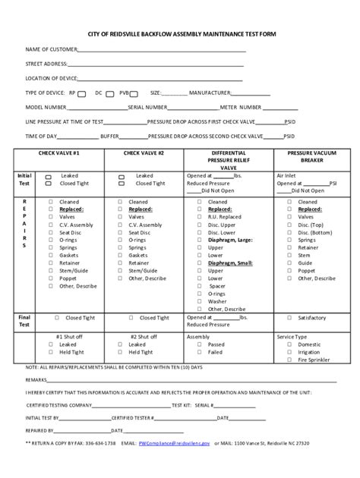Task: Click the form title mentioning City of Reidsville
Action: click(x=179, y=35)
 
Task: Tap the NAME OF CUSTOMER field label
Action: click(x=52, y=51)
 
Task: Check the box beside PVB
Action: click(x=134, y=93)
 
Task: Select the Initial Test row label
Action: click(x=24, y=179)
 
